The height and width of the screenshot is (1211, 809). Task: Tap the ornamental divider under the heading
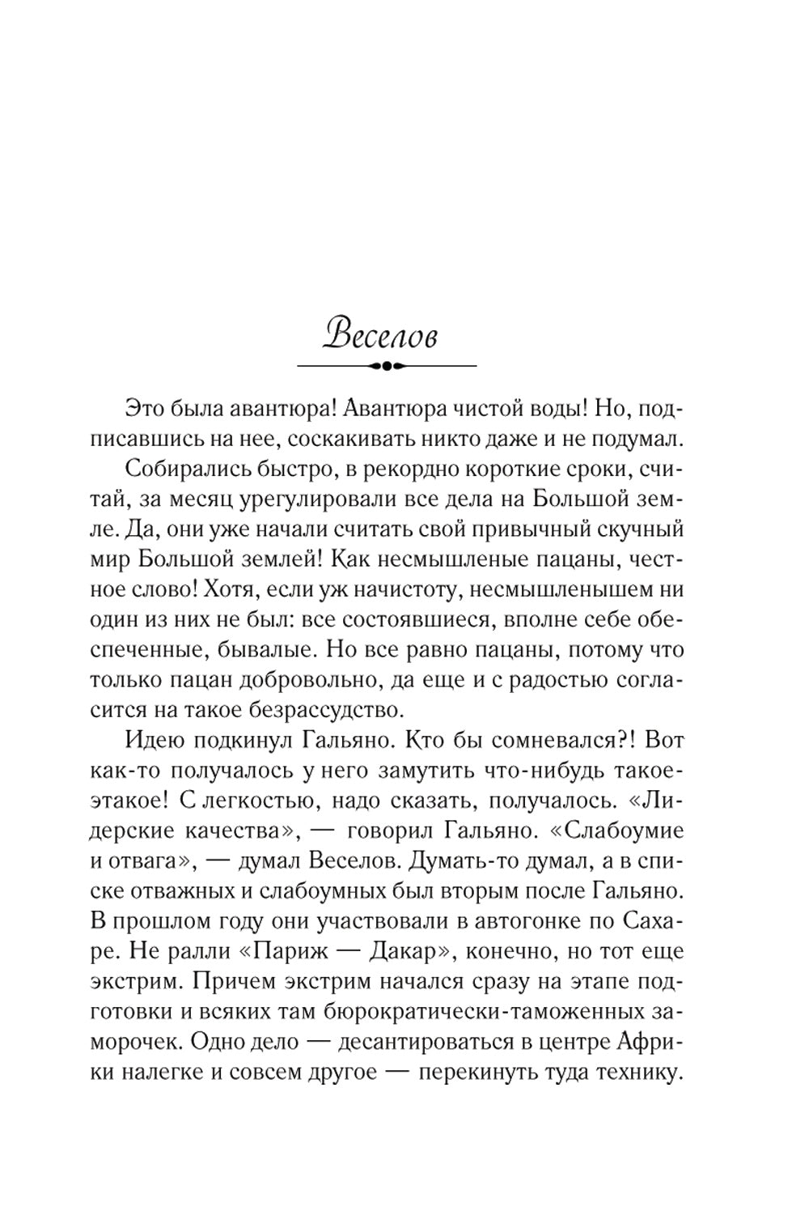click(x=388, y=366)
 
